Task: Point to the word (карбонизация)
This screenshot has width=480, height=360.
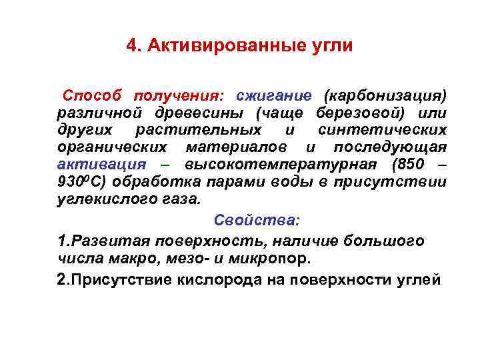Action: pos(385,95)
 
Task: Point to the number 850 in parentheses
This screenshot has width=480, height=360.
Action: pos(409,164)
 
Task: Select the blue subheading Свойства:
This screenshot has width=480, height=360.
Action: pos(257,221)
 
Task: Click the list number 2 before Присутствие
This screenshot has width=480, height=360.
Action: pos(61,279)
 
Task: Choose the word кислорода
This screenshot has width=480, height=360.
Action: pos(215,279)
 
